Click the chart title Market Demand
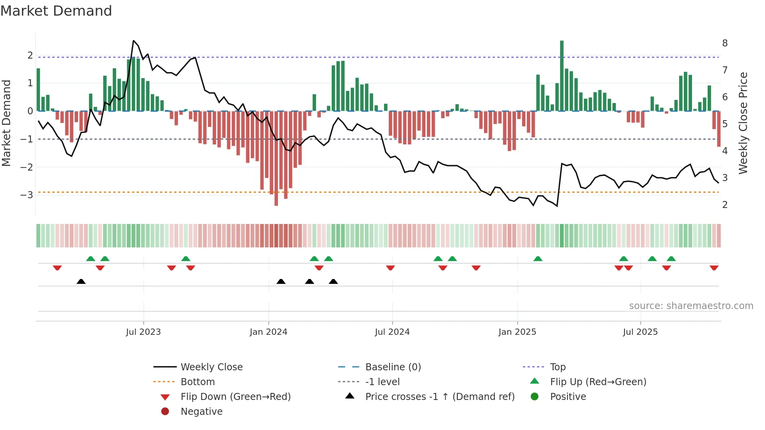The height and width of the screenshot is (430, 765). pyautogui.click(x=56, y=11)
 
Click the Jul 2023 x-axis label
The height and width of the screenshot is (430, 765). pyautogui.click(x=143, y=332)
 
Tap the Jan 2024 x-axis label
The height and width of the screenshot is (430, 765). pyautogui.click(x=269, y=332)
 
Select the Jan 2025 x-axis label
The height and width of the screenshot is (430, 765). pyautogui.click(x=517, y=332)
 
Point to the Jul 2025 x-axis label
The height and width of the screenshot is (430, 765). pyautogui.click(x=640, y=332)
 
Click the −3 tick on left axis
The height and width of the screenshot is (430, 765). pyautogui.click(x=27, y=195)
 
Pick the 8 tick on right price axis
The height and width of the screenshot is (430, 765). pyautogui.click(x=725, y=43)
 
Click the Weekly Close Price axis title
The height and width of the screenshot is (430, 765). pyautogui.click(x=743, y=123)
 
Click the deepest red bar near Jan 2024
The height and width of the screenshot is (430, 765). pyautogui.click(x=276, y=158)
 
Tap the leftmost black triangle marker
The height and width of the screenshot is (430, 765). pyautogui.click(x=81, y=281)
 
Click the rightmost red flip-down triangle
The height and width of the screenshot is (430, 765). pyautogui.click(x=714, y=268)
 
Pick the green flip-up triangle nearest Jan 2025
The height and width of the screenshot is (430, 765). pyautogui.click(x=538, y=259)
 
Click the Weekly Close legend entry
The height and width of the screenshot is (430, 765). pyautogui.click(x=211, y=367)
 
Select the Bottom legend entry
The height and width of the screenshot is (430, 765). pyautogui.click(x=197, y=382)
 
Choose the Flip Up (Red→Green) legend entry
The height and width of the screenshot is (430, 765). pyautogui.click(x=598, y=382)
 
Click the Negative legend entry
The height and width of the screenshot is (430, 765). pyautogui.click(x=201, y=411)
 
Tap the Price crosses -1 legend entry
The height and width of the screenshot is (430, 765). pyautogui.click(x=439, y=396)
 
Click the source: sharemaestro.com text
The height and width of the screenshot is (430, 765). pyautogui.click(x=691, y=306)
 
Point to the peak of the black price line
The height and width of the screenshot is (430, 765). pyautogui.click(x=133, y=41)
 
